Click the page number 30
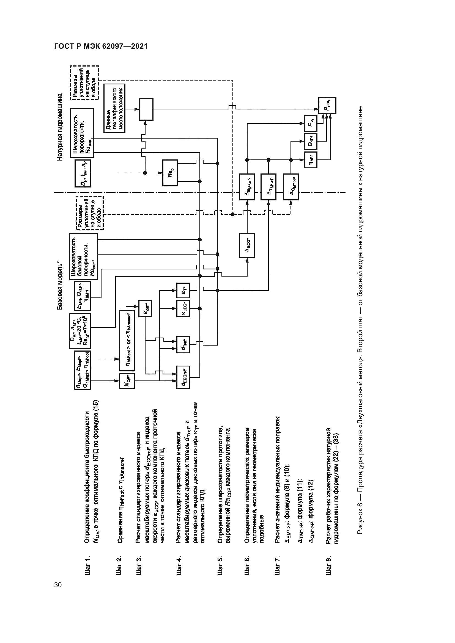(x=58, y=585)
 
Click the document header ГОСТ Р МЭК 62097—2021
(x=101, y=46)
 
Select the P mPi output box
(x=327, y=106)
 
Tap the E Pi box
(x=311, y=123)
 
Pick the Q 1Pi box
(x=311, y=141)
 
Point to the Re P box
(x=170, y=173)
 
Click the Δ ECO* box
(x=247, y=245)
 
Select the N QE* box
(x=127, y=381)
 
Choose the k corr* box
(x=145, y=309)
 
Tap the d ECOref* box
(x=183, y=377)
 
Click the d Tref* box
(x=183, y=344)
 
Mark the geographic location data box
(x=114, y=108)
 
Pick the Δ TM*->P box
(x=268, y=187)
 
